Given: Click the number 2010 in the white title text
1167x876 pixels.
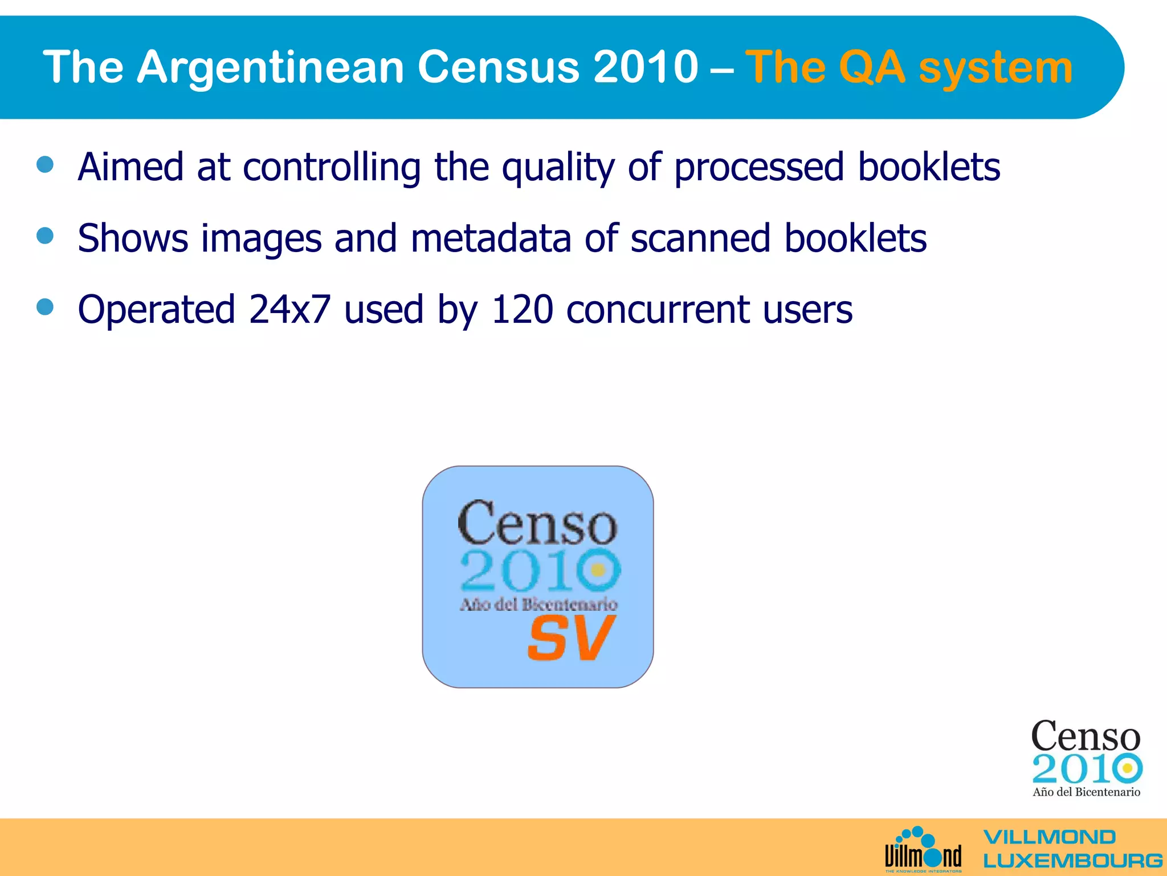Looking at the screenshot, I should click(x=645, y=67).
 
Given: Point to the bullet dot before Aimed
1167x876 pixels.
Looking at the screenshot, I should click(x=45, y=165).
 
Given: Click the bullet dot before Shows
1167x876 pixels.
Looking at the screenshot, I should click(x=45, y=236).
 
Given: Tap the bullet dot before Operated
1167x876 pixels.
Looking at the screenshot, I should click(x=45, y=307).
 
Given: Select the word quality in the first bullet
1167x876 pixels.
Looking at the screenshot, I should click(x=557, y=168).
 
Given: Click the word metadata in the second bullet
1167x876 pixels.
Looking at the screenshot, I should click(x=491, y=238).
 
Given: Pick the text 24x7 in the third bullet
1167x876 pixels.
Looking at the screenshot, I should click(x=289, y=310).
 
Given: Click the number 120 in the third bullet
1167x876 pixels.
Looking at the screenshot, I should click(x=521, y=310).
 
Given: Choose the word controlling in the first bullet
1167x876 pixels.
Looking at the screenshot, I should click(x=332, y=168).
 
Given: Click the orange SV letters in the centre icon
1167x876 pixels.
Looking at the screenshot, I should click(x=572, y=639).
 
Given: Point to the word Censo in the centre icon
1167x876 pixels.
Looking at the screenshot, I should click(x=537, y=523).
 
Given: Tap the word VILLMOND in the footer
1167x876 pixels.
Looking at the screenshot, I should click(x=1049, y=837).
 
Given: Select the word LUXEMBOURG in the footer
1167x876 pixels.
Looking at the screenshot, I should click(x=1072, y=861).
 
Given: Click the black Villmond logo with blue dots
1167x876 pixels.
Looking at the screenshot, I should click(x=923, y=850).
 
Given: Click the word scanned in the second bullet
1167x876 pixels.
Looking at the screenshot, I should click(x=700, y=238).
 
